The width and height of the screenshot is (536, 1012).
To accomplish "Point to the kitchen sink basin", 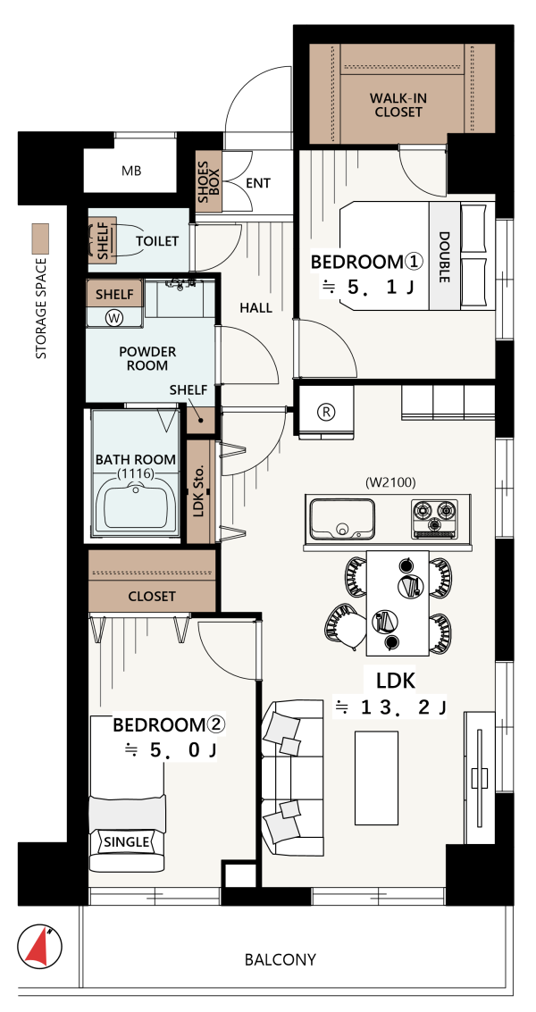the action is point(341,519).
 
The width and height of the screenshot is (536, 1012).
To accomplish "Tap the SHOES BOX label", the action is point(209,181).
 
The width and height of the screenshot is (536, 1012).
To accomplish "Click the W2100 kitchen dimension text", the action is point(389,481).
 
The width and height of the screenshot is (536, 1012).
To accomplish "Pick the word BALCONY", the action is point(281,959).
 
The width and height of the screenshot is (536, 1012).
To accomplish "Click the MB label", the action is point(131,171).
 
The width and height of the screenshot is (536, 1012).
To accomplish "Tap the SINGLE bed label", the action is point(127,841).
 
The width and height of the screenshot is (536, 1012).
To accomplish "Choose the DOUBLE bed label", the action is point(444,257).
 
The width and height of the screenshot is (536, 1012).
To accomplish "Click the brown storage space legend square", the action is point(41,238).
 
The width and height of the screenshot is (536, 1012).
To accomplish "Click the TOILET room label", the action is point(157,241).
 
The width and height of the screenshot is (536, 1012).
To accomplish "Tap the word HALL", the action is point(255,308).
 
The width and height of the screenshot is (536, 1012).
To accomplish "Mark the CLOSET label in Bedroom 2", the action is point(152,597).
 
